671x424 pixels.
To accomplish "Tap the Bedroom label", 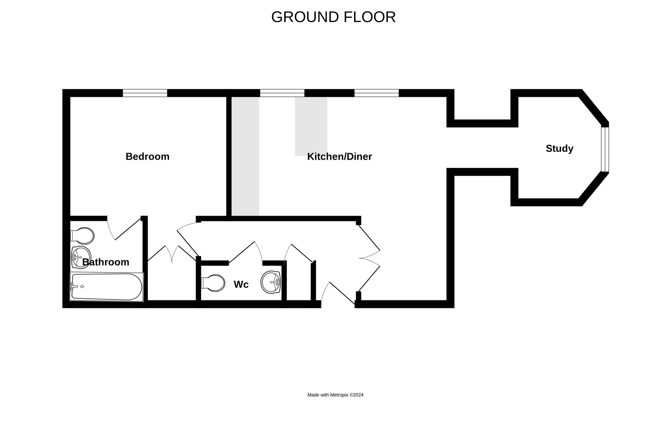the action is click(x=147, y=156).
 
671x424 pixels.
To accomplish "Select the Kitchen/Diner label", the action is click(x=339, y=156).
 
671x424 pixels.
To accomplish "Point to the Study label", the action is click(x=560, y=149).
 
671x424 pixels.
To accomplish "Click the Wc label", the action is click(x=241, y=284).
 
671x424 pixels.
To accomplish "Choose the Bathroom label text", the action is click(x=106, y=262).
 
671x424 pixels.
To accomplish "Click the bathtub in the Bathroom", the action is click(x=107, y=287).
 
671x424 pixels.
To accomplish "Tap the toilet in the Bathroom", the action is click(x=83, y=236).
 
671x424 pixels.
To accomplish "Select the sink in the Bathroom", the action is click(x=81, y=257).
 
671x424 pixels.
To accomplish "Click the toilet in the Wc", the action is click(x=213, y=283).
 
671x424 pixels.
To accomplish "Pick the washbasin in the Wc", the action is click(x=270, y=282).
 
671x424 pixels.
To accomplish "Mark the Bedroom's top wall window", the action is click(x=145, y=93).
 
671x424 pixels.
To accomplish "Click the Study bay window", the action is click(x=605, y=149).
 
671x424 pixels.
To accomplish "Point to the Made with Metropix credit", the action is click(x=335, y=395).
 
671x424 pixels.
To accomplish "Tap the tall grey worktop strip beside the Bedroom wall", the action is click(x=246, y=156).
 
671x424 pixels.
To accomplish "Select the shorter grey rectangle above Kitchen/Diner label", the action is click(x=311, y=126).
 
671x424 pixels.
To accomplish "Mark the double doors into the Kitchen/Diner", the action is click(x=369, y=258).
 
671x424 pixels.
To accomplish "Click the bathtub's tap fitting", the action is click(x=74, y=287).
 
